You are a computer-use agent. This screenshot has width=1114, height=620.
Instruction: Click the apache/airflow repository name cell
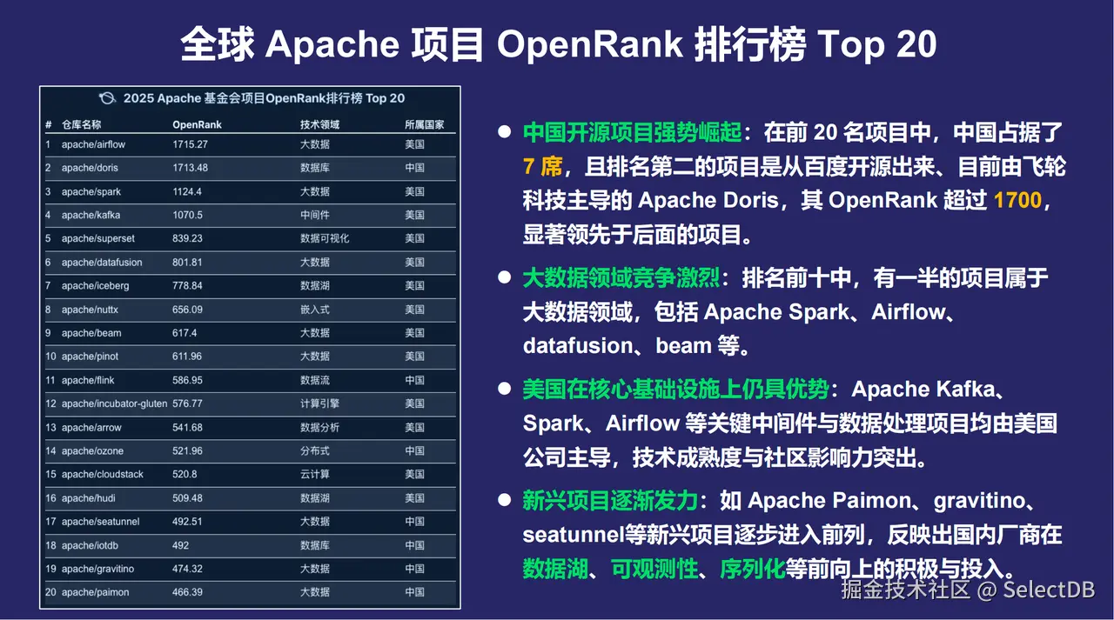93,144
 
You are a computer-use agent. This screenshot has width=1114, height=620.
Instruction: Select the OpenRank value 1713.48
190,168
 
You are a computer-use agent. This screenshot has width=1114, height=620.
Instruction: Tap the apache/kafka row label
91,215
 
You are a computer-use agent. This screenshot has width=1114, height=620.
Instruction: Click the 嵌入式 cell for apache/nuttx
314,310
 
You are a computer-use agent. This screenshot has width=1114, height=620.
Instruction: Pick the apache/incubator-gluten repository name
114,403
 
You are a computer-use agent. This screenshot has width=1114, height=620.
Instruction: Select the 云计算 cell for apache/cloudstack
314,475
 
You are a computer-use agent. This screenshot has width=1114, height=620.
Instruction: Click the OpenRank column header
197,124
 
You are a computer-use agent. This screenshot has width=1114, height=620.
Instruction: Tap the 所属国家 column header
424,124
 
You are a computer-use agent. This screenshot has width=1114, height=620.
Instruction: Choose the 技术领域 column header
319,124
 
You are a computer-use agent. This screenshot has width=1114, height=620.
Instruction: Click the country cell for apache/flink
414,380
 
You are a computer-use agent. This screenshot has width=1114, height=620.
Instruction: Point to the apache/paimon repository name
95,592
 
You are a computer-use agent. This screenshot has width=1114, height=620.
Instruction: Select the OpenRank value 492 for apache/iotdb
180,545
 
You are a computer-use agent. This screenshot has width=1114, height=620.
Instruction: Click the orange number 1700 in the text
1017,201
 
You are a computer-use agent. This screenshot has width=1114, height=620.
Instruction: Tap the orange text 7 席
542,167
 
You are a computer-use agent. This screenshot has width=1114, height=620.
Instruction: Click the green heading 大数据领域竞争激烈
621,278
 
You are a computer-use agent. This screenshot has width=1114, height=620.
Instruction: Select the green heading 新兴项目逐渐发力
610,501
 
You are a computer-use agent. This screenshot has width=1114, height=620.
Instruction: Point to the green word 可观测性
655,569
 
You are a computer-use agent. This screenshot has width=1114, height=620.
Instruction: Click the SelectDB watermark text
1049,590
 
